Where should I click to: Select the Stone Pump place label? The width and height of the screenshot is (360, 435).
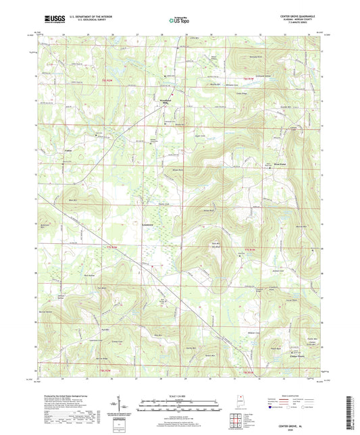[x=279, y=163]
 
